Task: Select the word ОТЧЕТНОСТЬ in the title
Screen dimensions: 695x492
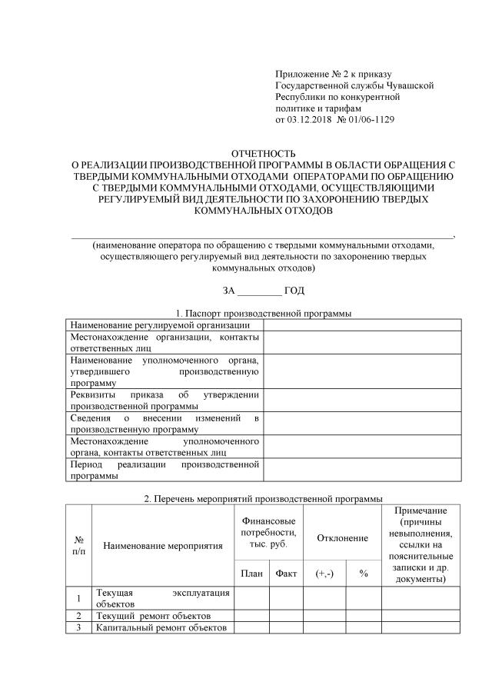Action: pos(263,155)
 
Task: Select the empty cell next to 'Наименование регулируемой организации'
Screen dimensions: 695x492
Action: pos(361,326)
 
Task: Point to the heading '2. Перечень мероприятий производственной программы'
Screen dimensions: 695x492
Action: pos(264,499)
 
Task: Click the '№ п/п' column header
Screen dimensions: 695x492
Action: pos(78,546)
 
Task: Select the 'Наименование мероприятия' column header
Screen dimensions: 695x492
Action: pos(162,546)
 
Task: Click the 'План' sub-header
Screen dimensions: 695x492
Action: pos(251,574)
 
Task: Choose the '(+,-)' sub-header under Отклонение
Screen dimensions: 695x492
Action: pos(324,574)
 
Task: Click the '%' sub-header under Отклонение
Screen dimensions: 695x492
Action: pos(364,574)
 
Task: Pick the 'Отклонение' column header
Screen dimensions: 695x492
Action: pos(343,537)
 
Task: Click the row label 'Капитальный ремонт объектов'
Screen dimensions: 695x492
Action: pos(161,628)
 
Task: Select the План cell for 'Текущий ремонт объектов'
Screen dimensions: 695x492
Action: pos(251,616)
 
